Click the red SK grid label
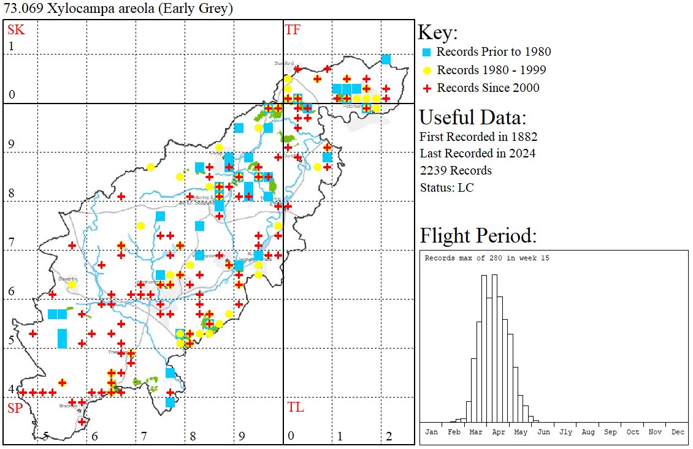coord(15,29)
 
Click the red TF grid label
coord(293,29)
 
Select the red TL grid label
coord(295,407)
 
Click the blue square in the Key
coord(427,52)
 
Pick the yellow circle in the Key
coord(427,70)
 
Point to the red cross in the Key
coord(427,88)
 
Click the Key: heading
coord(438,32)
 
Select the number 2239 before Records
coord(435,170)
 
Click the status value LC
coord(465,187)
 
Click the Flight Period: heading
coord(478,235)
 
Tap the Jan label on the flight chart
coord(432,432)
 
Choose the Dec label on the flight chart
coord(677,432)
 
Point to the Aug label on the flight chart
coord(588,432)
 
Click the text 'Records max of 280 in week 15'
coord(487,258)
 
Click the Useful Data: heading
coord(472,117)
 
